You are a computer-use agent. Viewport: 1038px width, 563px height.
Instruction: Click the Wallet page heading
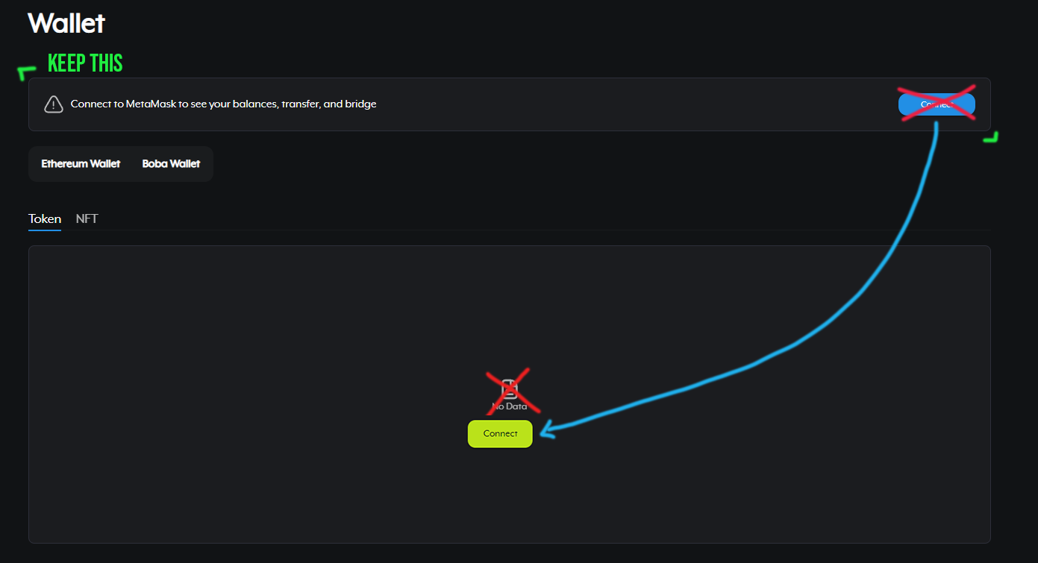click(66, 23)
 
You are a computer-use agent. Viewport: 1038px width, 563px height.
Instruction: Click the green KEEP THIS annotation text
click(85, 64)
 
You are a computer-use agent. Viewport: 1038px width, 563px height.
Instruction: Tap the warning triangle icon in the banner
click(53, 104)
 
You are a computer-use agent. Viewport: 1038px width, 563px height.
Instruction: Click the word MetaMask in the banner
click(149, 104)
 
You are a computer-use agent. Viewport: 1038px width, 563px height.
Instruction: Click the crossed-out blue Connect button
click(937, 104)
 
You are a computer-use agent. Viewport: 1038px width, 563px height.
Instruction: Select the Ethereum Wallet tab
click(81, 164)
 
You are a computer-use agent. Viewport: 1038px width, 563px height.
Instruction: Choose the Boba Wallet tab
click(171, 164)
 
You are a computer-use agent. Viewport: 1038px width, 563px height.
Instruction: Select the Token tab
click(45, 219)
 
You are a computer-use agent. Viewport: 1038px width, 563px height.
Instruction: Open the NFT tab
click(87, 219)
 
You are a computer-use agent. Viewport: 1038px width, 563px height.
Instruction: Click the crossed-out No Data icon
click(510, 389)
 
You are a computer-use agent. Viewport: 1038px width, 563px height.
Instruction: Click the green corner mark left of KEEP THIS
click(26, 72)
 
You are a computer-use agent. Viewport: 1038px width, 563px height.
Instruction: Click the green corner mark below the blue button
click(992, 138)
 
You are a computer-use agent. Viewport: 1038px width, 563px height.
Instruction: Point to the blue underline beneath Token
click(45, 230)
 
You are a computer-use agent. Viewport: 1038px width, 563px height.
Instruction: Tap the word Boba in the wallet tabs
click(154, 164)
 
